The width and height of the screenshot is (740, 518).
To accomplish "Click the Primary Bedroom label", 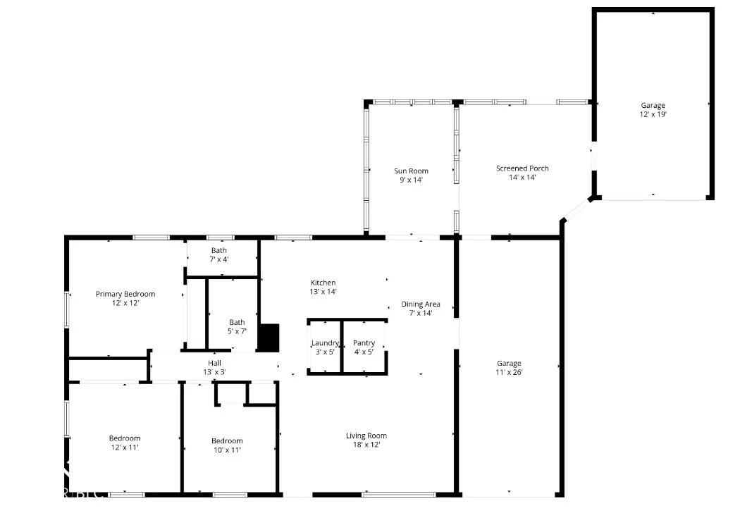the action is pos(125,294).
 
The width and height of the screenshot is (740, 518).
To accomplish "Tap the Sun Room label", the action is pos(411,171).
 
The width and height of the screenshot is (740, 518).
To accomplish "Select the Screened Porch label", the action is pos(522,168).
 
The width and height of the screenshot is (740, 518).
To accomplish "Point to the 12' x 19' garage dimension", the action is pos(653,114).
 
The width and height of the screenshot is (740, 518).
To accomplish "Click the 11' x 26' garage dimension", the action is pos(509,372).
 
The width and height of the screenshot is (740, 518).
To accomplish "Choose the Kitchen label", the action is pos(323,283).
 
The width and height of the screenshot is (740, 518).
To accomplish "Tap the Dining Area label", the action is pos(421,304).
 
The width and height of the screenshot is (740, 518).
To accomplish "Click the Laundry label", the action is pos(325,343).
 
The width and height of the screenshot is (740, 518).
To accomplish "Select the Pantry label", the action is pos(364,343).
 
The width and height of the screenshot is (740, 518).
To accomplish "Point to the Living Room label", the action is pos(366,436).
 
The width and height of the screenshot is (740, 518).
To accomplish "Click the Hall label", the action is pos(214,363).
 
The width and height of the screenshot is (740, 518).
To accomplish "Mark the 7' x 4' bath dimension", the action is pos(219,259).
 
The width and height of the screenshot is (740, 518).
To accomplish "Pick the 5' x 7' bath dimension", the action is pos(237,331).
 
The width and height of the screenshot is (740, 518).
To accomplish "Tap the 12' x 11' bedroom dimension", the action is pos(125,448).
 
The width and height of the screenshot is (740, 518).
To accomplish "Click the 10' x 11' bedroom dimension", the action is pos(227,450).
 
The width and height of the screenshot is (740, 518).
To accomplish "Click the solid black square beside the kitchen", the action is pos(269,338).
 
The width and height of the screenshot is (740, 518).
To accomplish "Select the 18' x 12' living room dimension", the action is pos(366,445).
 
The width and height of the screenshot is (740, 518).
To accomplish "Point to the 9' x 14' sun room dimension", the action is pos(411,180).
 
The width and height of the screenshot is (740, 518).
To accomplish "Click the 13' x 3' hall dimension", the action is pos(214,372).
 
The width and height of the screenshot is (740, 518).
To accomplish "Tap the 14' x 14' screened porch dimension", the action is pos(522,178).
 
